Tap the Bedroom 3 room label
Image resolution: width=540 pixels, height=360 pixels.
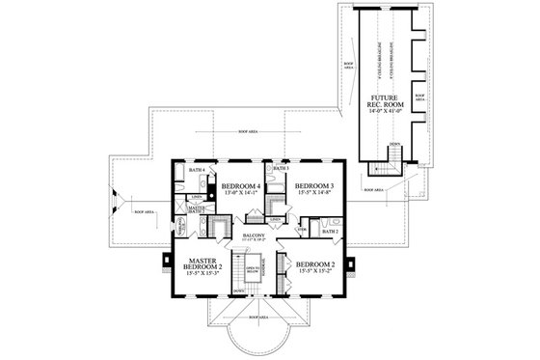(313, 185)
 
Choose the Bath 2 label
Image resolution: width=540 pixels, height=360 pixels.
(328, 232)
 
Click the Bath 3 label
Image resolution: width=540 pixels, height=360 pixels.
(280, 169)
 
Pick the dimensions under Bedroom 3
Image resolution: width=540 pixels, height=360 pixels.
(313, 194)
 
